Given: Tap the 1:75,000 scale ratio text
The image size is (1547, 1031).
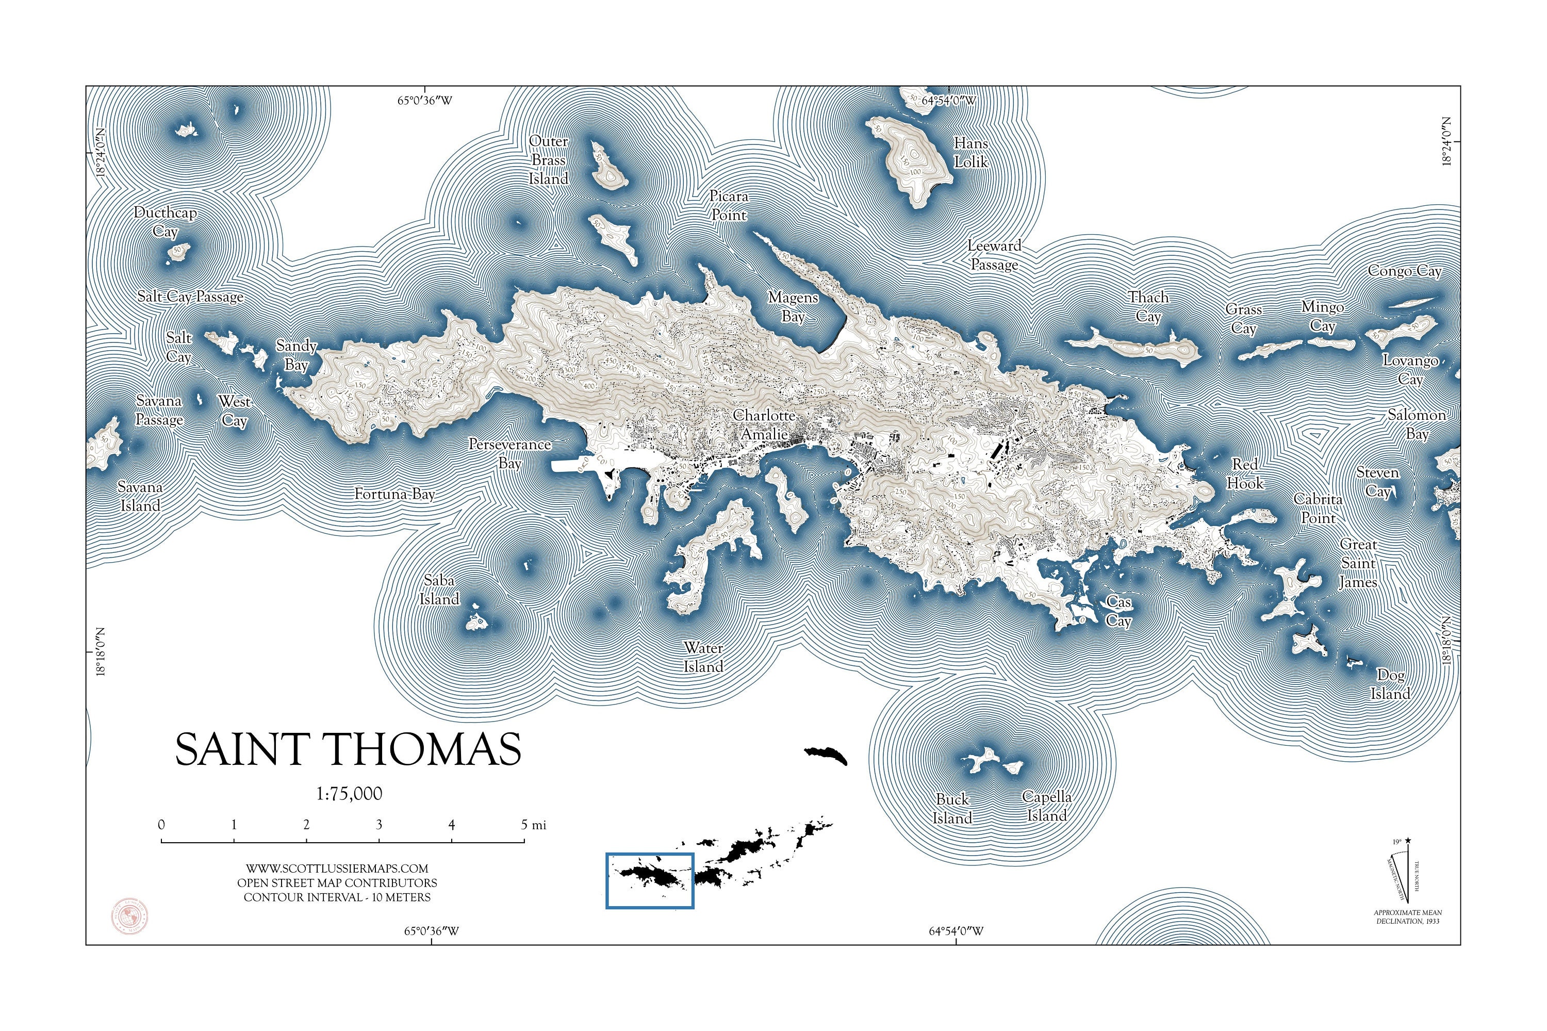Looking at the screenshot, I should pyautogui.click(x=349, y=794).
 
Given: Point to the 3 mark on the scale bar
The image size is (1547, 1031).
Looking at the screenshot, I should pyautogui.click(x=378, y=825).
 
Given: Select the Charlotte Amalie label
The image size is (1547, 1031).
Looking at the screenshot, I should pyautogui.click(x=764, y=425).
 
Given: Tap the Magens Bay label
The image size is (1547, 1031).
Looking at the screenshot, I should pyautogui.click(x=793, y=307).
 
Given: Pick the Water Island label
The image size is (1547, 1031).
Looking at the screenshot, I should pyautogui.click(x=703, y=657).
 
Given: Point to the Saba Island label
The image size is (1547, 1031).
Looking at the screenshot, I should pyautogui.click(x=439, y=590).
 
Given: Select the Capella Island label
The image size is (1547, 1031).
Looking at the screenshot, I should pyautogui.click(x=1047, y=806).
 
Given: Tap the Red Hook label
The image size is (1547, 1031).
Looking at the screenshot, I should pyautogui.click(x=1245, y=473).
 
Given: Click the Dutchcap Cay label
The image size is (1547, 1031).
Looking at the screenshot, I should pyautogui.click(x=165, y=222).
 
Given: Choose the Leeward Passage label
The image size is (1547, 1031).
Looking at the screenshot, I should pyautogui.click(x=994, y=255).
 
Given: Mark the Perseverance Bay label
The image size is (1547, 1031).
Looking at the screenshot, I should pyautogui.click(x=509, y=454).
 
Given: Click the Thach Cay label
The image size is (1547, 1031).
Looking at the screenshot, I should pyautogui.click(x=1148, y=306).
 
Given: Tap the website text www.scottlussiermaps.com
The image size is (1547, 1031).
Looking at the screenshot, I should pyautogui.click(x=337, y=869).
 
